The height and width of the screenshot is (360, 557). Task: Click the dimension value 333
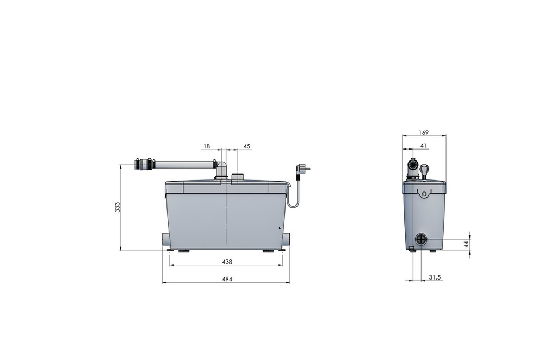[x=117, y=207]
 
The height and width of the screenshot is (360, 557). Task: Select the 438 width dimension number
[x=227, y=262]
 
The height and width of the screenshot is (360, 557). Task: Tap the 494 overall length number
[x=227, y=279]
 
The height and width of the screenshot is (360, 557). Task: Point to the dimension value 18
[x=207, y=146]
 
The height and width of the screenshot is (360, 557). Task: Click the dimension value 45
[x=247, y=146]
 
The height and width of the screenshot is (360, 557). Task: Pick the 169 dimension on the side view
[x=424, y=132]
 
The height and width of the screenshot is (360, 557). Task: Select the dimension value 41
[x=424, y=146]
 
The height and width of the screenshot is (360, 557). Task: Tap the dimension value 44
[x=466, y=245]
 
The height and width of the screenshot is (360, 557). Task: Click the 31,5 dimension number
[x=435, y=277]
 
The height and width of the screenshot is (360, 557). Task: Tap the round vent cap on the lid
[x=238, y=177]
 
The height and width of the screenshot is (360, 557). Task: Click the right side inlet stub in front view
[x=287, y=240]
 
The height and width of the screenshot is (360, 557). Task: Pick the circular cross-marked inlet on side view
[x=422, y=240]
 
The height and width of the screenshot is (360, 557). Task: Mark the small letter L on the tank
[x=279, y=228]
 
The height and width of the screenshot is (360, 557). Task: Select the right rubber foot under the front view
[x=269, y=251]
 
